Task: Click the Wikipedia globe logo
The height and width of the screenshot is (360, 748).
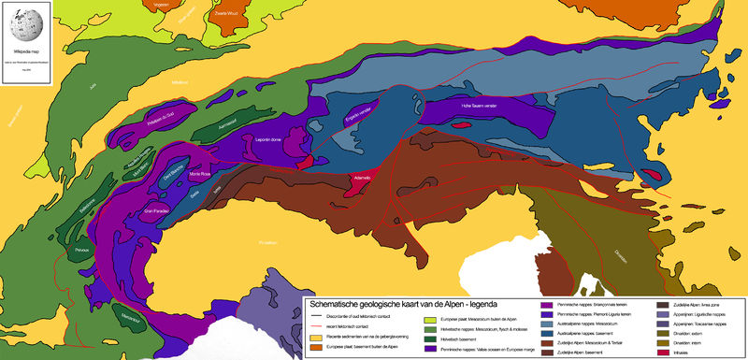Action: point(22,20)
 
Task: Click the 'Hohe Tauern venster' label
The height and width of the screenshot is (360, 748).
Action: point(481,107)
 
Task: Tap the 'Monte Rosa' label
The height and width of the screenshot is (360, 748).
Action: point(203,175)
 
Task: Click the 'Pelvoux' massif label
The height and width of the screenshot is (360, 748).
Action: point(81,251)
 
